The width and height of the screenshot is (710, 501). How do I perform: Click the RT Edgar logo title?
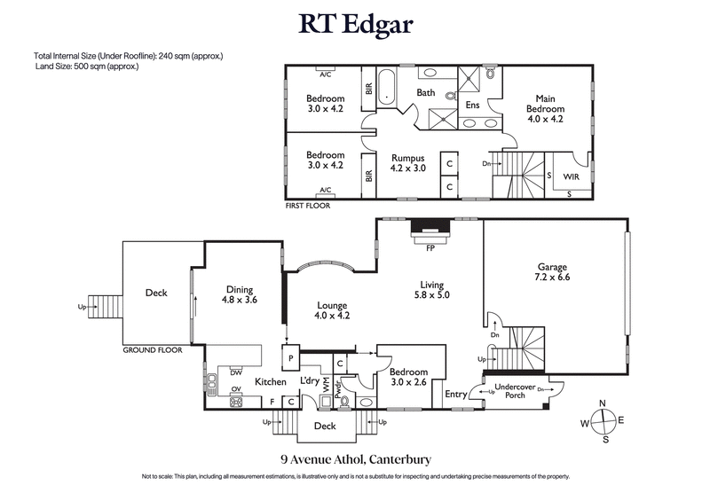(355, 24)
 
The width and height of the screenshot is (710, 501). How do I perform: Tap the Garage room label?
(552, 267)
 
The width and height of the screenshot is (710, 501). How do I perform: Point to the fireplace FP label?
(430, 247)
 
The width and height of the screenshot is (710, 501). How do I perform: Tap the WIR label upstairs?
(571, 177)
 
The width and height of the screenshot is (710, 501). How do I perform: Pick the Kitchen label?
(271, 381)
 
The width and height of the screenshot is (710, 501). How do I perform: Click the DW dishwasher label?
(236, 372)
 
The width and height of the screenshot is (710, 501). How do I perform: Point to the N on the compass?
(603, 404)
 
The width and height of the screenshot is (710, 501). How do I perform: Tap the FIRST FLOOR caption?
(307, 205)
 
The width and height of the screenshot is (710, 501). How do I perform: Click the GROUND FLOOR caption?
(152, 350)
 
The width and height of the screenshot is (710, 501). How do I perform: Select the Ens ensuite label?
(472, 105)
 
